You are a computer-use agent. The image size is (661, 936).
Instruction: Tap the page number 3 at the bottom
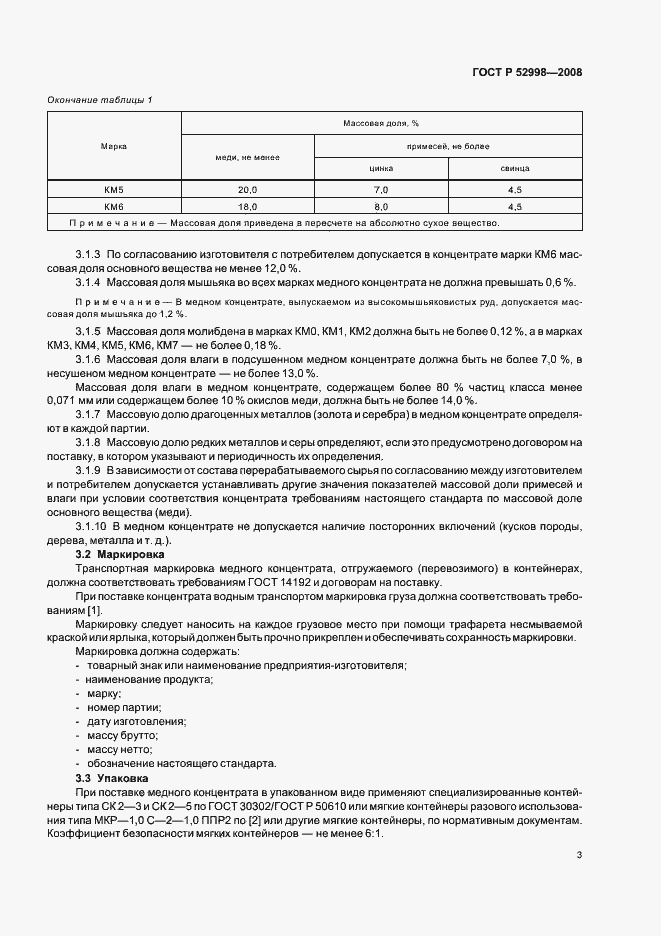[x=579, y=855]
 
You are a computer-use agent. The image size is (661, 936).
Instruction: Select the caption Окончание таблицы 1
[x=100, y=99]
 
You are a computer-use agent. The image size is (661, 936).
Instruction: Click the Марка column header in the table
[x=114, y=146]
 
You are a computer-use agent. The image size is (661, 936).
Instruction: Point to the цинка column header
[x=381, y=169]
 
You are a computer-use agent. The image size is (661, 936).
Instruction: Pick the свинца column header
[x=515, y=169]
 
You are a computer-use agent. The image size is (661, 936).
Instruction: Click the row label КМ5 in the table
[x=114, y=189]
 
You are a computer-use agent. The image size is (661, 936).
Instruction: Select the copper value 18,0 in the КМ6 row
[x=247, y=206]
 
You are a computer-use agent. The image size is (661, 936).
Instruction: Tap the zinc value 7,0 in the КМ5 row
[x=381, y=189]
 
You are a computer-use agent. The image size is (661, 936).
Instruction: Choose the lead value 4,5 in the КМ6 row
[x=515, y=206]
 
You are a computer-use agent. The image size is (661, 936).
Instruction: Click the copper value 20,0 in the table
[x=247, y=189]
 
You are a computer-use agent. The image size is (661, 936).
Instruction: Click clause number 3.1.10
[x=92, y=526]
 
